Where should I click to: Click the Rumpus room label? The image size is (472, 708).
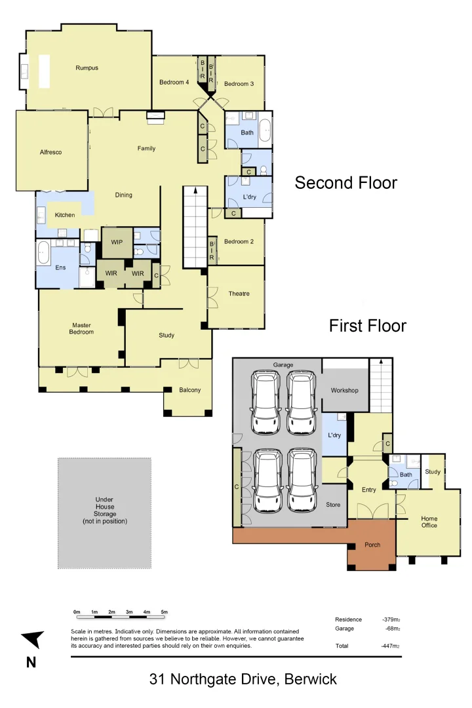pos(87,68)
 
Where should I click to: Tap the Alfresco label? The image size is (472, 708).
pos(50,152)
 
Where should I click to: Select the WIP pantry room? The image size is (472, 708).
pos(117,243)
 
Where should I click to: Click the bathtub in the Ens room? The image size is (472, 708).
pos(43,252)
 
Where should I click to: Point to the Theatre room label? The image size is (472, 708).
pos(239,294)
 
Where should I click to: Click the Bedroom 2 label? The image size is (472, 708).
pos(239,242)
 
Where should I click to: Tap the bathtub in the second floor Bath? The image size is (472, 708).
pos(265,130)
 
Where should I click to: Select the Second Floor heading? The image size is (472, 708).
pos(345,182)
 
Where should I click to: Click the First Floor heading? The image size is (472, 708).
pos(367,326)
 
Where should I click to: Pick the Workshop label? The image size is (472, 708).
pos(344,391)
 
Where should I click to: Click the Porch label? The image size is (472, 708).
pos(372,545)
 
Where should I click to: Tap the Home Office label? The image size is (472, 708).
pos(429,522)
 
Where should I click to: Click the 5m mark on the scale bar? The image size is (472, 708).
pos(165,612)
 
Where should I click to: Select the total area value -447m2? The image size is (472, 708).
pos(391,646)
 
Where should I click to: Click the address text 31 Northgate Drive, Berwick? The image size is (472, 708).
pos(243,679)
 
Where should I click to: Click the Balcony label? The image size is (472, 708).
pos(190,390)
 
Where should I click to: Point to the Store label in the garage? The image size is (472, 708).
pos(333,505)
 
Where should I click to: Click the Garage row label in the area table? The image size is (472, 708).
pos(344,629)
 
